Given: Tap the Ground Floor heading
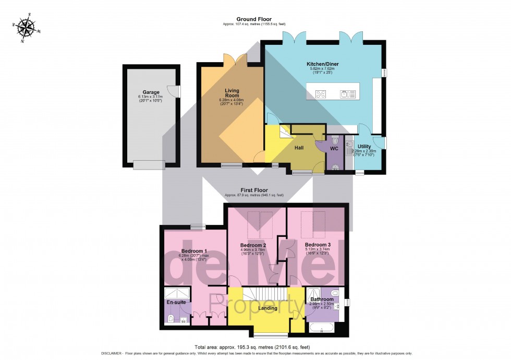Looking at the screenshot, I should pos(254,19).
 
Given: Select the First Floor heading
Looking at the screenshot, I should pos(254,190).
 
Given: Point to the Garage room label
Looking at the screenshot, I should pos(151,92).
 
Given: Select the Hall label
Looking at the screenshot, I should pos(299,148).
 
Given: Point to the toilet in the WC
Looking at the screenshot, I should pos(335,141).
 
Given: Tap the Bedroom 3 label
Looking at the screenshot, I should pos(318,245).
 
